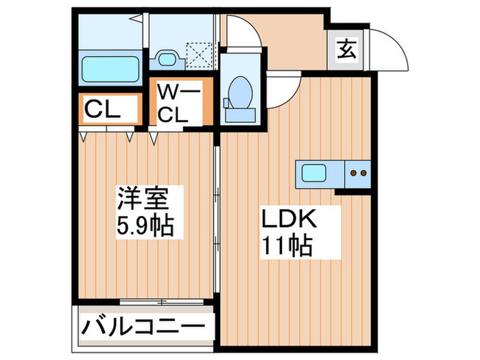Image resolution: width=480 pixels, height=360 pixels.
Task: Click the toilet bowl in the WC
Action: tap(241, 92)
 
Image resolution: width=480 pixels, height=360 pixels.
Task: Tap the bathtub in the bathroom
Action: tap(110, 69)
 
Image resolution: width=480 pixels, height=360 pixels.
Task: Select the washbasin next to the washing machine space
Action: tap(167, 59)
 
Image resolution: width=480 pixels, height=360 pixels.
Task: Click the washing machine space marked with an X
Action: tap(199, 55)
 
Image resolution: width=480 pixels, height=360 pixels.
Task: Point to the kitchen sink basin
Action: tap(314, 173)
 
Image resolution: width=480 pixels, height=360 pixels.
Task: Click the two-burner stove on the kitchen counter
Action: tap(358, 173)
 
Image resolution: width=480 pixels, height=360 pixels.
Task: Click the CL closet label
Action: tap(102, 110)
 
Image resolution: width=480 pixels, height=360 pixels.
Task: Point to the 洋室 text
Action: tap(143, 197)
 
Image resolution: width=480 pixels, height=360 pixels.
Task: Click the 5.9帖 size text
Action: tap(145, 226)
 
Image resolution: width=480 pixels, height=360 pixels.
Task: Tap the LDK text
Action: tap(289, 218)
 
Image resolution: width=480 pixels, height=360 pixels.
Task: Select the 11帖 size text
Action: tap(287, 245)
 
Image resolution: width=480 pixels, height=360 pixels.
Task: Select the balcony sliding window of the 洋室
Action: tap(162, 302)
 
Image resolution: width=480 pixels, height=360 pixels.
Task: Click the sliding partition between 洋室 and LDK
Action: tap(217, 219)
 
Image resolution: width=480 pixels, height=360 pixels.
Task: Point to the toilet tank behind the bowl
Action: tap(240, 115)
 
